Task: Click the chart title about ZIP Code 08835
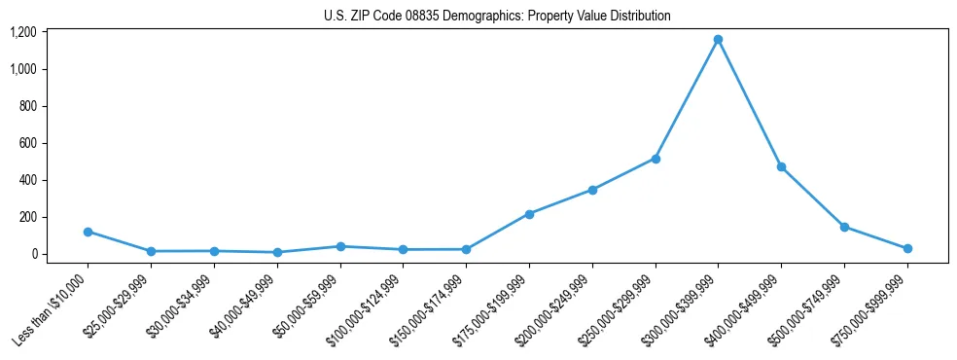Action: [497, 17]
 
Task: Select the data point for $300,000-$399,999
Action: [718, 40]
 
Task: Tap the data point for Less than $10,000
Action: [88, 232]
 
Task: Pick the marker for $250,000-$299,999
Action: [656, 159]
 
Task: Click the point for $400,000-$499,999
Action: [781, 167]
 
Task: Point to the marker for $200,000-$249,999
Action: [592, 190]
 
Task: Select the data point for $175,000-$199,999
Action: [529, 214]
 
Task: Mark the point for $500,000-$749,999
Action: [844, 227]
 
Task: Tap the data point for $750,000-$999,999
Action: [907, 248]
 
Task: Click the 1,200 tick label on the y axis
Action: [23, 32]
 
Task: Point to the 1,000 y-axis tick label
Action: [23, 69]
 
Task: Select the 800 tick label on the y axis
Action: [28, 106]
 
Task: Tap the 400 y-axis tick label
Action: [28, 180]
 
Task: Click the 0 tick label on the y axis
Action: [33, 254]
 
